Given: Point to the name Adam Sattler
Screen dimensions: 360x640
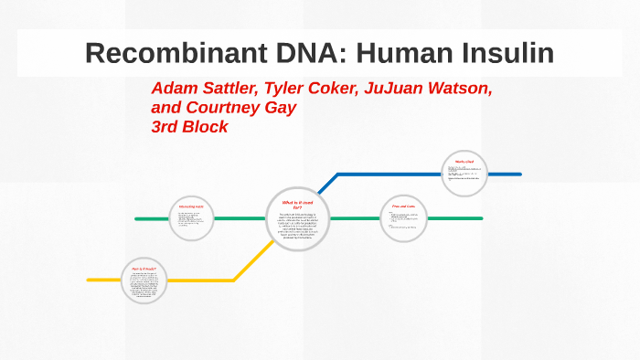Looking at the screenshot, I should (205, 90).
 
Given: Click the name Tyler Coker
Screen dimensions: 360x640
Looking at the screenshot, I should (315, 90).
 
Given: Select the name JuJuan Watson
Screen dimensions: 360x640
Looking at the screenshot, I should (431, 90).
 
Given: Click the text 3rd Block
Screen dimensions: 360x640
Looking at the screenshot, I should (189, 127).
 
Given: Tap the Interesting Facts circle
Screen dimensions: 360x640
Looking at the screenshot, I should (191, 219).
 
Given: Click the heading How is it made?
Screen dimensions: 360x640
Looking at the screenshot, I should (144, 269).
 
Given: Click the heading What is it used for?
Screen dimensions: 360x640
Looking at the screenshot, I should (297, 205).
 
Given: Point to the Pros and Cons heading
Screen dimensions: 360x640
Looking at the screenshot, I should (403, 207).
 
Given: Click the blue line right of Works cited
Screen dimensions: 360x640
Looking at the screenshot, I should (505, 174).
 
